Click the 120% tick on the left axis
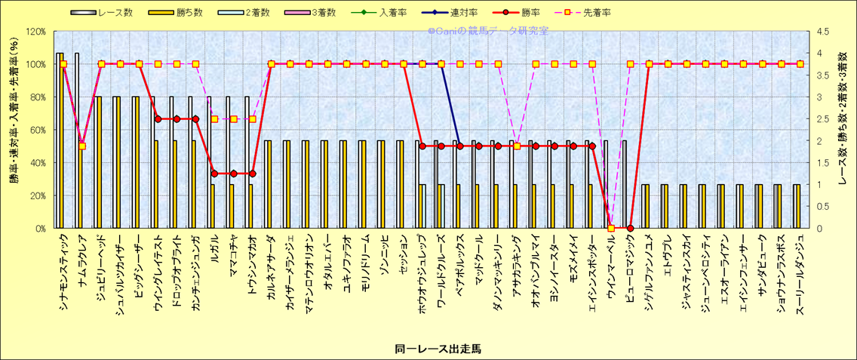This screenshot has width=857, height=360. pos(35,32)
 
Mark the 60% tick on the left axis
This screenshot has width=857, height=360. pos(37,130)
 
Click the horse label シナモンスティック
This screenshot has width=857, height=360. pos(63,269)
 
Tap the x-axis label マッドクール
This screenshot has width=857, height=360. pos(478,257)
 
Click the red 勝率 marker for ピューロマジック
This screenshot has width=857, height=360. pos(631,228)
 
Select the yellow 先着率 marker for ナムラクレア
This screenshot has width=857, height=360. pos(82,146)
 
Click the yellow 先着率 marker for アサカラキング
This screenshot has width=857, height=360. pos(517,146)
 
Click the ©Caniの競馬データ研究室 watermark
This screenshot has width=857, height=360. pos(487,32)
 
